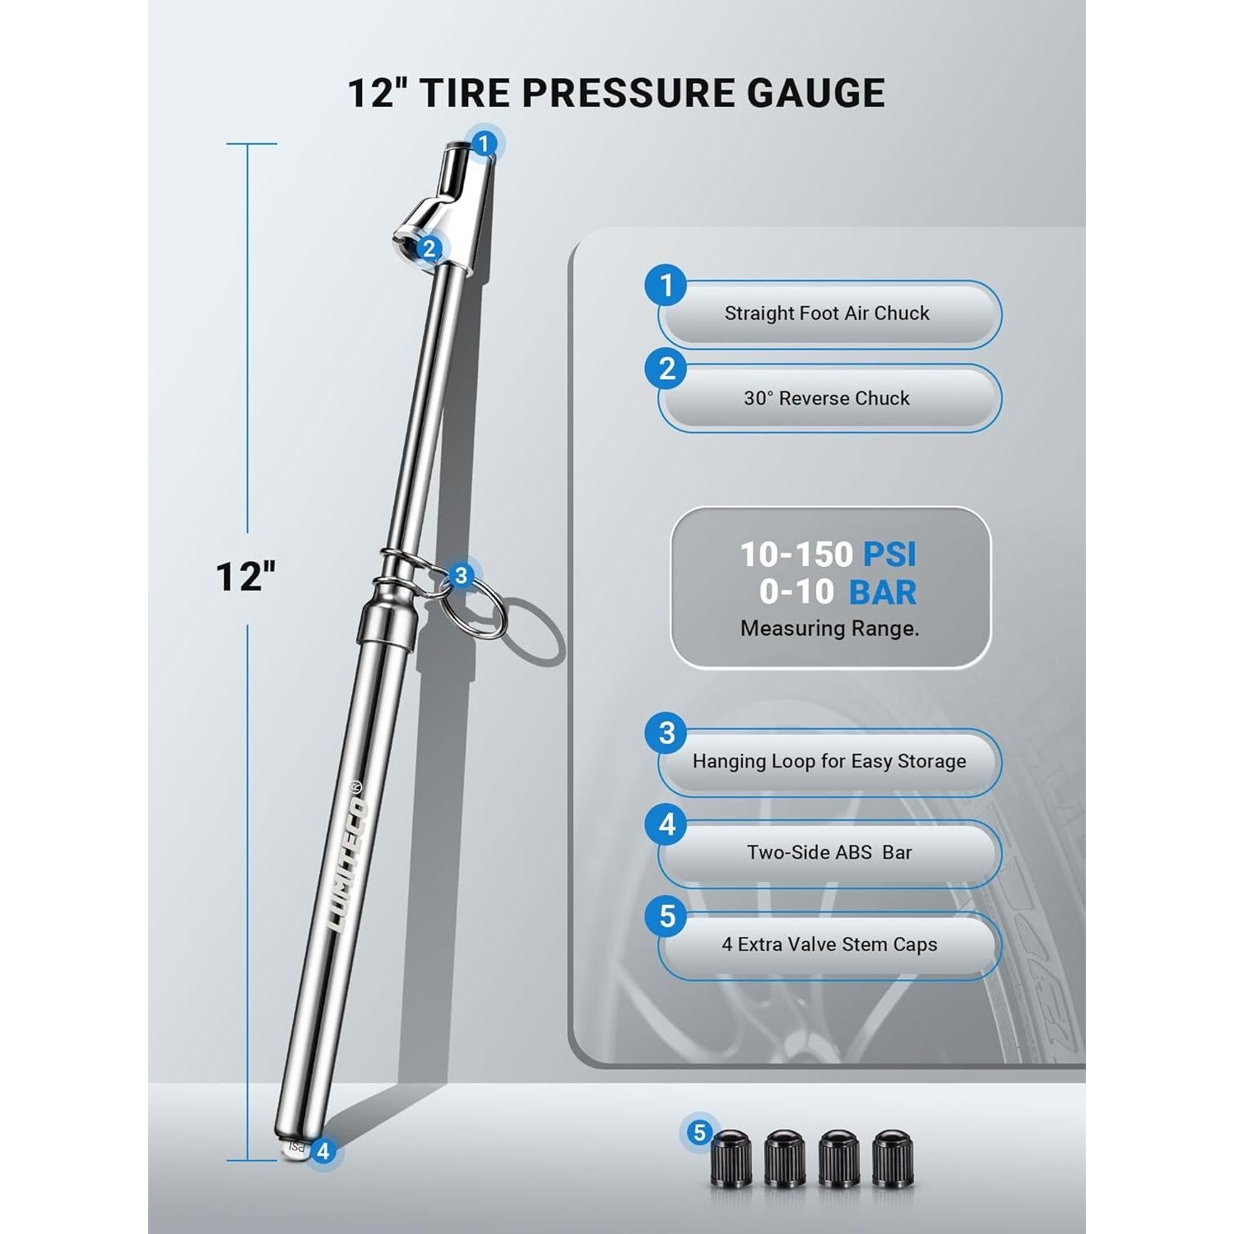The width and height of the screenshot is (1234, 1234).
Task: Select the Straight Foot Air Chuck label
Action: coord(827,313)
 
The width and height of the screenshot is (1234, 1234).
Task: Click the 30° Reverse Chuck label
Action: coord(827,398)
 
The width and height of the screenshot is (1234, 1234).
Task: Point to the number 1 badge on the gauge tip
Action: coord(485,144)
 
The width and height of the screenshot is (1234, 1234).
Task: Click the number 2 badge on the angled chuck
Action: coord(429,248)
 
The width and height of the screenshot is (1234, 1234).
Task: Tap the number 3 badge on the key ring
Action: coord(461,575)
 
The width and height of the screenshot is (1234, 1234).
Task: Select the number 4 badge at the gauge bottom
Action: coord(323,1151)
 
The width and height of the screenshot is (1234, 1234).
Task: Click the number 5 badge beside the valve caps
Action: coord(699,1133)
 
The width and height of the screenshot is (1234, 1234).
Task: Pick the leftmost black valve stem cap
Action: coord(731,1158)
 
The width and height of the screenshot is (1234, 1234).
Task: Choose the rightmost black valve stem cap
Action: coord(892,1158)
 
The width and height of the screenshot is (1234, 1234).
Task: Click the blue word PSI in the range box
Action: coord(888,554)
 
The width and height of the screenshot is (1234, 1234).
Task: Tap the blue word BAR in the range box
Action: coord(882,592)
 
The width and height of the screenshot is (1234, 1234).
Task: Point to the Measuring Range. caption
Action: coord(829,629)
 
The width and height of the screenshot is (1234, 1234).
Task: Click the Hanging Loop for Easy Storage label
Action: coord(829,761)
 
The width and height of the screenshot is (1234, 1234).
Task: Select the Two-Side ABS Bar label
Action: coord(829,852)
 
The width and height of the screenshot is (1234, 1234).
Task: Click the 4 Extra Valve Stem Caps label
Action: coord(829,944)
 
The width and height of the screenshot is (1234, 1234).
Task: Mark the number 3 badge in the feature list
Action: coord(667,732)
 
